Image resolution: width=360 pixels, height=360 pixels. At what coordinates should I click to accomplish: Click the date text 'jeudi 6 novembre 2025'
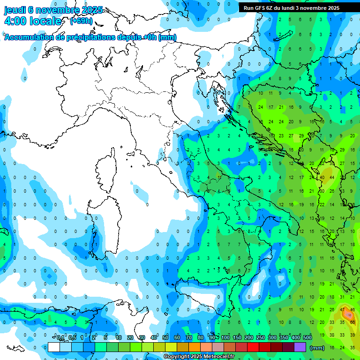(x=53, y=10)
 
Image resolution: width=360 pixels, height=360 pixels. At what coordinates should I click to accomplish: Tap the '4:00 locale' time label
(x=33, y=21)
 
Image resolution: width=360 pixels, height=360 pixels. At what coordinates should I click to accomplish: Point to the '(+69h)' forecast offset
(x=81, y=21)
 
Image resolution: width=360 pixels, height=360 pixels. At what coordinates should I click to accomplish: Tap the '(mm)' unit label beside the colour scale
(x=317, y=347)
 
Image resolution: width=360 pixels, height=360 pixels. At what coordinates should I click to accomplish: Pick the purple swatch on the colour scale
(x=300, y=347)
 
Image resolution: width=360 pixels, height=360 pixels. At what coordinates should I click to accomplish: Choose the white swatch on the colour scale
(x=54, y=347)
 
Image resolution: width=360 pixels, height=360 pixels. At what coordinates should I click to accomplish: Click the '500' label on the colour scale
(x=307, y=337)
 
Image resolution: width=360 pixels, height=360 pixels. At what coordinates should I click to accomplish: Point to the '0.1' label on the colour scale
(x=60, y=337)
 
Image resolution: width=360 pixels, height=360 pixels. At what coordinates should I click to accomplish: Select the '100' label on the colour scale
(x=225, y=337)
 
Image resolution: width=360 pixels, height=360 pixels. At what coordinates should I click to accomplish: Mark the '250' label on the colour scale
(x=261, y=337)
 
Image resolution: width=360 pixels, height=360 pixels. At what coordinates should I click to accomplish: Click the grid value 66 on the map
(x=352, y=322)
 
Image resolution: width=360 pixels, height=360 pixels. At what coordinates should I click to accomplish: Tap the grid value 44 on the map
(x=332, y=178)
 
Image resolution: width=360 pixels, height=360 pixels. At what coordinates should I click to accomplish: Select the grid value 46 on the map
(x=352, y=309)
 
